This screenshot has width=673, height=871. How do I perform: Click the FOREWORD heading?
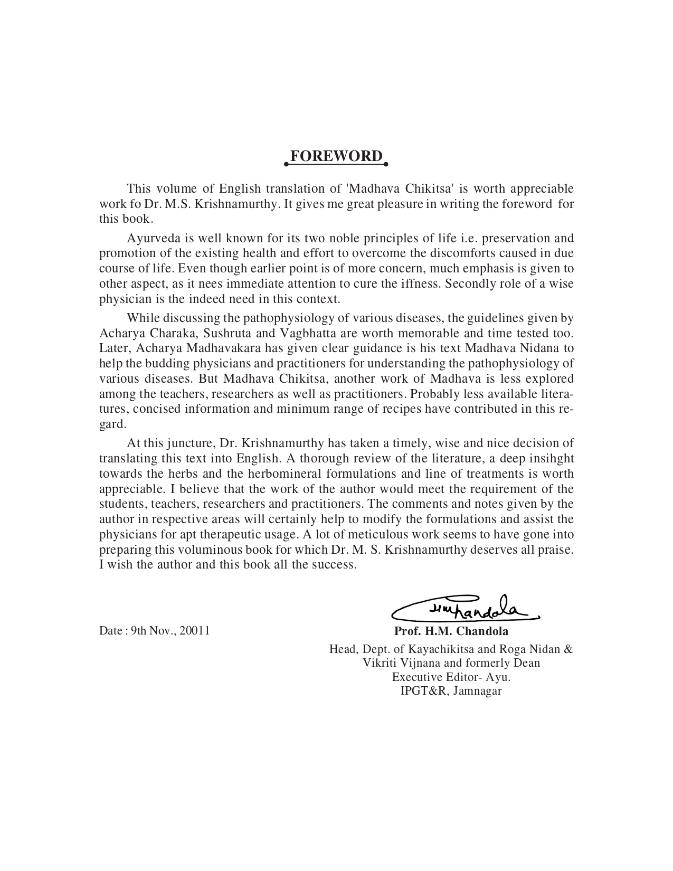(336, 156)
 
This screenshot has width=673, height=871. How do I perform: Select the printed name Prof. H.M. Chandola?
(451, 631)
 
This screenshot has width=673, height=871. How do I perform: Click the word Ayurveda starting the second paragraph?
(148, 239)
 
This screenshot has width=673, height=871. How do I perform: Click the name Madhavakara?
(226, 348)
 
